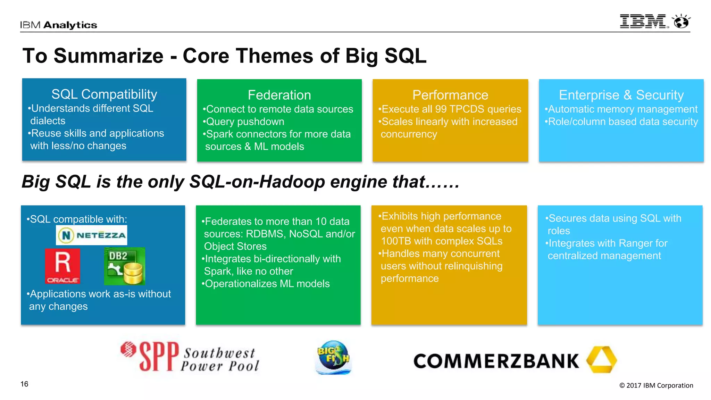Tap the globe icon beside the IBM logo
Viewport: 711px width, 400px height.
[681, 22]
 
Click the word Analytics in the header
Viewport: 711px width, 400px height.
[70, 25]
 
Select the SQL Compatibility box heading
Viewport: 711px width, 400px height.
[104, 94]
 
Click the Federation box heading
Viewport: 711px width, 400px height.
[279, 95]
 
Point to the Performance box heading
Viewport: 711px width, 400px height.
[450, 95]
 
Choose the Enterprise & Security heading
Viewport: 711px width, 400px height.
[621, 95]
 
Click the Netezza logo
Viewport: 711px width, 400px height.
[92, 235]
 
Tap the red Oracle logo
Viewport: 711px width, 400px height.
[63, 266]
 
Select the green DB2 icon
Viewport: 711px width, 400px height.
[125, 266]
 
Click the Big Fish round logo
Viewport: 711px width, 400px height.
[333, 357]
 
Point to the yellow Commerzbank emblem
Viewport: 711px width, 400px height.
[601, 359]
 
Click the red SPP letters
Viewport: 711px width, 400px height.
[159, 356]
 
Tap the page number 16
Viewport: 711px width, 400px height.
[24, 384]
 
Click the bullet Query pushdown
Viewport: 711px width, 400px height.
[245, 122]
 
